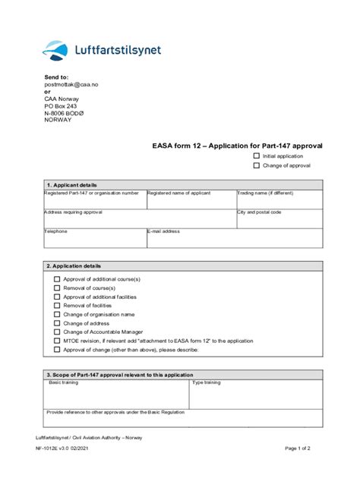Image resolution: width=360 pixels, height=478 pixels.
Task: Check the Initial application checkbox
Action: [257, 156]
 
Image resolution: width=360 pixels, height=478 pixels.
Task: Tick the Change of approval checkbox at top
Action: [257, 165]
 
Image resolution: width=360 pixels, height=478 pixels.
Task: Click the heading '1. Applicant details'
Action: [72, 184]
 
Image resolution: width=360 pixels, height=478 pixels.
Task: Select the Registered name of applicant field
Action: [191, 200]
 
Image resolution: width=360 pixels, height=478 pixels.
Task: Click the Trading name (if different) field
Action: [279, 200]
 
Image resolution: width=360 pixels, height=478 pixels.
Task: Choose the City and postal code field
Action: [279, 219]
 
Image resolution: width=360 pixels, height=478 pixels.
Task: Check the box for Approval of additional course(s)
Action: [57, 279]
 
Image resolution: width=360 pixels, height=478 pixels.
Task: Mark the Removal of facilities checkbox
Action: [57, 305]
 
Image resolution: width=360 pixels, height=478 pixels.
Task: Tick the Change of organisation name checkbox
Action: [57, 314]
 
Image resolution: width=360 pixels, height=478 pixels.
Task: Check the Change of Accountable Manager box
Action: [57, 332]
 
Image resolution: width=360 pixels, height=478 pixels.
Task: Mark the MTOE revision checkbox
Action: [57, 341]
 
